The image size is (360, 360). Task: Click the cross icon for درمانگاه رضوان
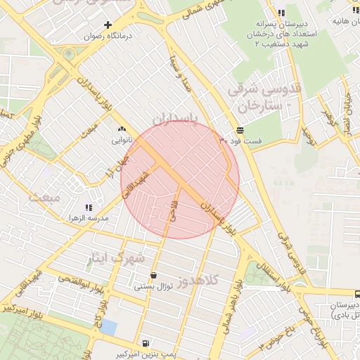pos(108,25)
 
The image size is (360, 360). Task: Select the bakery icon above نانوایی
pos(122,129)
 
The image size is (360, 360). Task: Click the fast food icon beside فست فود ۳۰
pos(240,131)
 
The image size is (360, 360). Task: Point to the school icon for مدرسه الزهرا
pos(89,207)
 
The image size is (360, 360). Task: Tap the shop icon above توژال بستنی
pos(154,275)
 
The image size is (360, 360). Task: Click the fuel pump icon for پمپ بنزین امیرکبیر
pos(145,343)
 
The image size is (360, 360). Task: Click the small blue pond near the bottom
pos(108,328)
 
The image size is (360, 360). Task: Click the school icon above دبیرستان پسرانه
pos(281,13)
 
